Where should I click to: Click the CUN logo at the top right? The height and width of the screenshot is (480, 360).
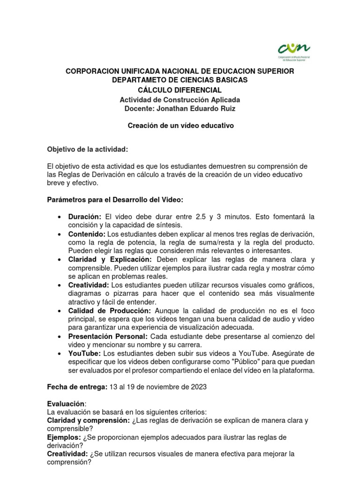point(293,50)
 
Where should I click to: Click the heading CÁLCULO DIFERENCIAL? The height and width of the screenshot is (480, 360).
point(180,90)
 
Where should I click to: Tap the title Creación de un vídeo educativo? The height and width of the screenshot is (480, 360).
point(180,126)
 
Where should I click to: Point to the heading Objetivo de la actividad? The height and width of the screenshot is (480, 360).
point(87,149)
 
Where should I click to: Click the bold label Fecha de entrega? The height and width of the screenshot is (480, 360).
point(77,387)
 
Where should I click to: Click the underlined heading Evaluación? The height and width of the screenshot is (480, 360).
point(67,404)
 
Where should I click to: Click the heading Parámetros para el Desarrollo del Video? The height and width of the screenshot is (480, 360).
point(115,200)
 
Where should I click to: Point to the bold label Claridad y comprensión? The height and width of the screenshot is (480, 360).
point(89,420)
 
